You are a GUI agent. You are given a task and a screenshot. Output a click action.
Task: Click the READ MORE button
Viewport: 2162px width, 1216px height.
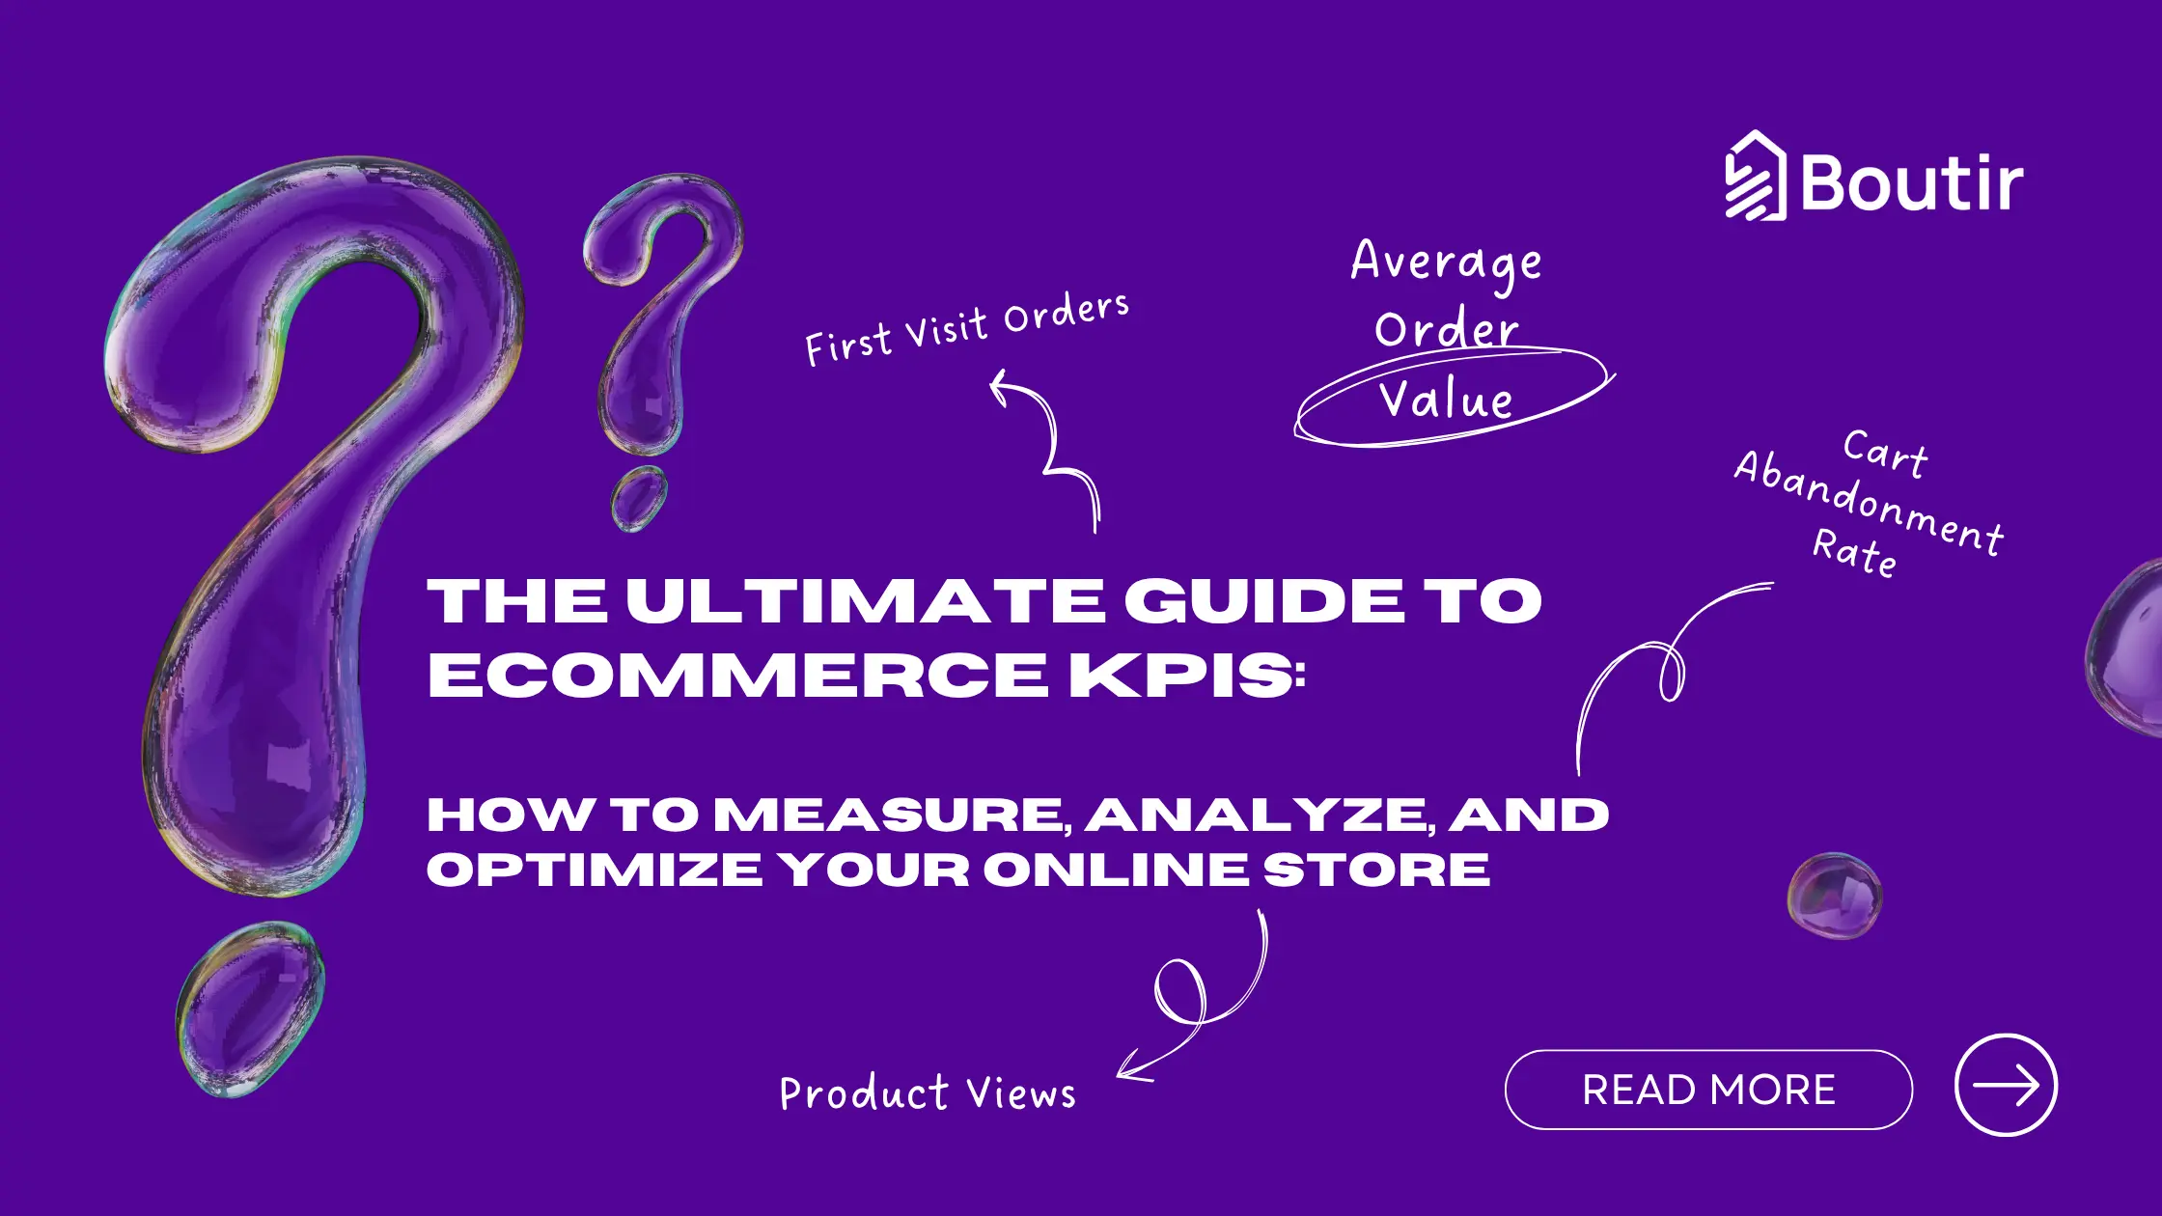[1708, 1090]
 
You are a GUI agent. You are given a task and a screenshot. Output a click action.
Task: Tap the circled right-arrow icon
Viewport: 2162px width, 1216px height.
[2006, 1085]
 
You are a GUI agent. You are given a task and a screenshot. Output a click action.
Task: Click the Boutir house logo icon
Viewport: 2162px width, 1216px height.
[1756, 177]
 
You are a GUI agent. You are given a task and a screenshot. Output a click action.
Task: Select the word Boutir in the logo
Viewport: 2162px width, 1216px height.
[1911, 182]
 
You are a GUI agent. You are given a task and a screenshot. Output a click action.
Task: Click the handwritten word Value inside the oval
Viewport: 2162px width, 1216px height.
[1446, 400]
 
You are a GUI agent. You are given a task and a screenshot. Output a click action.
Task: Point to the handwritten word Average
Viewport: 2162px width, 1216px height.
[1446, 262]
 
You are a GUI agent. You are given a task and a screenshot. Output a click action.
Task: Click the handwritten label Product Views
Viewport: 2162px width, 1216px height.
[927, 1093]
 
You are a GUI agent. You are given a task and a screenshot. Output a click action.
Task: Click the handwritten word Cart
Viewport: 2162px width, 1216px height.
[1885, 453]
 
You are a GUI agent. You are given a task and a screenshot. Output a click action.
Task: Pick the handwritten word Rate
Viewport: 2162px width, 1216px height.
[1855, 552]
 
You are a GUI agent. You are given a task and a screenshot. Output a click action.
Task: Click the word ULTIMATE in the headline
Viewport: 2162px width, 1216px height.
[865, 601]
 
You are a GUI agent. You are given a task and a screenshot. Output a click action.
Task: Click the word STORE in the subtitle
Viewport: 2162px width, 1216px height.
[1377, 870]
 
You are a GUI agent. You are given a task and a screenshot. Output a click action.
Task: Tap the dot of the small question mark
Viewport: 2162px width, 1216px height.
[639, 498]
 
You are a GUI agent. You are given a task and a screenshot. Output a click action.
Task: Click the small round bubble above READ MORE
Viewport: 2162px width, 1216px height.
[1834, 896]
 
